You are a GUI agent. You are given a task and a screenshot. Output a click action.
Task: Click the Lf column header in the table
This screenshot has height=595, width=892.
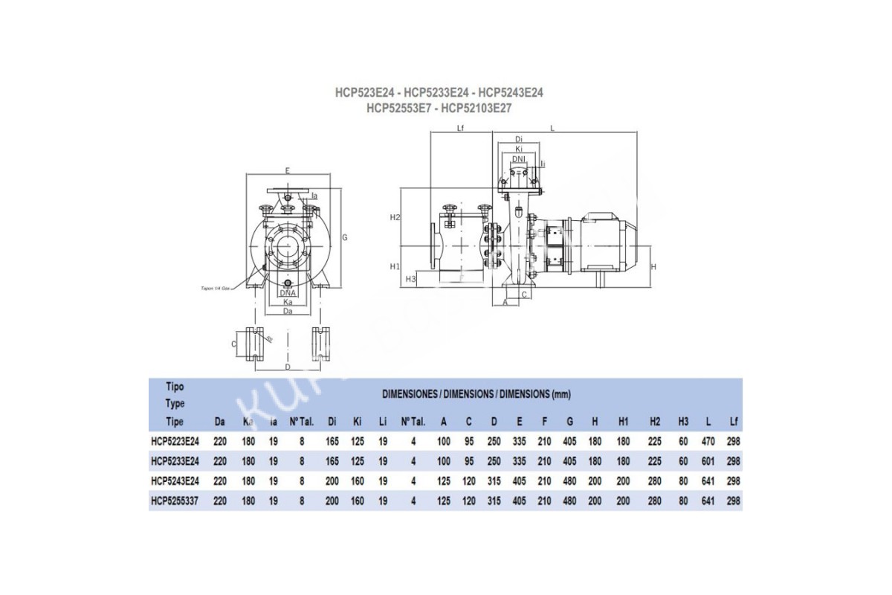point(734,422)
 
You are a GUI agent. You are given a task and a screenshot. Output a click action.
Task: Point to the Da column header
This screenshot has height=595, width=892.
point(220,422)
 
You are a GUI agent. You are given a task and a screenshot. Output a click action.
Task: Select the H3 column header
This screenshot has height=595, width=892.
point(683,422)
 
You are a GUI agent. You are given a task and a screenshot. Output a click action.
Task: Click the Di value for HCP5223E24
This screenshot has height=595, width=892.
point(332,441)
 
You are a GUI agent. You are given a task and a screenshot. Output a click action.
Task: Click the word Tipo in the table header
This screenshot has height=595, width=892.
point(174,387)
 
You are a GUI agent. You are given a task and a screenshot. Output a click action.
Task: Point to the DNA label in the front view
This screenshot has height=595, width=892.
point(287,293)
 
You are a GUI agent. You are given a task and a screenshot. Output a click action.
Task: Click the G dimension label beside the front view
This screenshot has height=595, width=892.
point(345,237)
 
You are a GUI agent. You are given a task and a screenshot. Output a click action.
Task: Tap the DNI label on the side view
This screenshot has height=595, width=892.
point(519,158)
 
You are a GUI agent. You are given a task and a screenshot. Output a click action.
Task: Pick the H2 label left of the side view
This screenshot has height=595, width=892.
point(395,217)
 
